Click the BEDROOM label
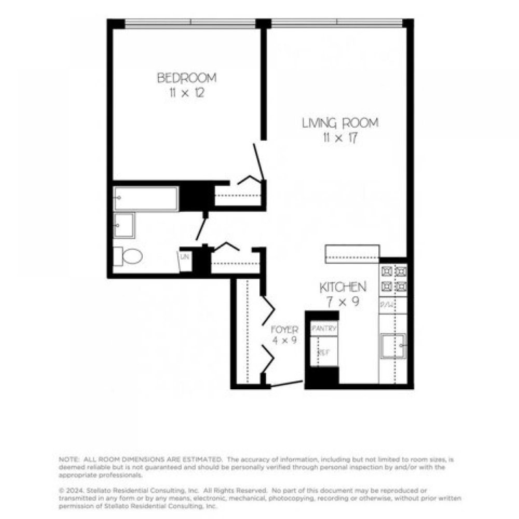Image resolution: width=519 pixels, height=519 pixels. click(x=187, y=78)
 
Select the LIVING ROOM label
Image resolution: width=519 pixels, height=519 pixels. click(x=340, y=124)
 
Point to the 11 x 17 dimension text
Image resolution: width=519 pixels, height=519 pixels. click(x=340, y=139)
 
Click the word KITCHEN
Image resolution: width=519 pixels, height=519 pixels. click(x=343, y=287)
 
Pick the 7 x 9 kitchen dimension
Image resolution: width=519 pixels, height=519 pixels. click(x=343, y=301)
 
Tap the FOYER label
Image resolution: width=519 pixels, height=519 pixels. click(x=285, y=330)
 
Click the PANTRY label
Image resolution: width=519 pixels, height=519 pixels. click(x=324, y=329)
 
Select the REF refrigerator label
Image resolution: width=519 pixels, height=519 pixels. click(x=323, y=352)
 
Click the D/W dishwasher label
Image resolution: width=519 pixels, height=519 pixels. click(x=386, y=305)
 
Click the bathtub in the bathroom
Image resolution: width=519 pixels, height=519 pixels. click(x=145, y=199)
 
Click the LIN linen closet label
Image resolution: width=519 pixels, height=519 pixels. click(x=185, y=256)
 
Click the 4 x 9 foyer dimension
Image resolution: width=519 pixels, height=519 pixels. click(x=285, y=342)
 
